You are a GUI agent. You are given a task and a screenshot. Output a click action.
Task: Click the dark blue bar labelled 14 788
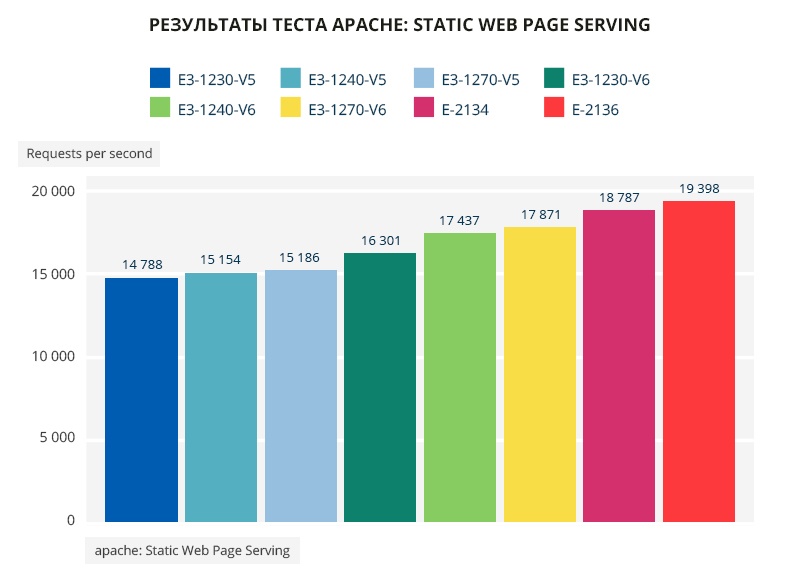click(x=141, y=400)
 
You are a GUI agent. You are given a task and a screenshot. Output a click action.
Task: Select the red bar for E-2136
click(x=699, y=361)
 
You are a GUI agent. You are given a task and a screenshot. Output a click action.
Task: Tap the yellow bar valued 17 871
click(x=540, y=374)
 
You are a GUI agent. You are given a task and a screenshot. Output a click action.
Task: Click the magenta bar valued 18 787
click(x=619, y=366)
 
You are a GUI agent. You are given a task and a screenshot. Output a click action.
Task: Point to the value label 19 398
click(x=699, y=188)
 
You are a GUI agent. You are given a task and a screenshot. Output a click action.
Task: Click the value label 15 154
click(x=221, y=260)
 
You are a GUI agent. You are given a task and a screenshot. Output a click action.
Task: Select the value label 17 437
click(x=460, y=220)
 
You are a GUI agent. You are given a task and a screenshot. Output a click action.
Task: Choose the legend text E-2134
click(x=465, y=110)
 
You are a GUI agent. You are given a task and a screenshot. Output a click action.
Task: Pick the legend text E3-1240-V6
click(x=216, y=110)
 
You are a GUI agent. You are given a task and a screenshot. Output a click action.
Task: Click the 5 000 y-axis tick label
click(x=56, y=438)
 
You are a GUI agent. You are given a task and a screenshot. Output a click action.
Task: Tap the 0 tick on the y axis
click(x=71, y=520)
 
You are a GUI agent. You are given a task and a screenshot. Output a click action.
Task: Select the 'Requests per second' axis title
click(x=89, y=154)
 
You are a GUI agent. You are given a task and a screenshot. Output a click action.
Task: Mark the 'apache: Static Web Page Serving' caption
click(x=192, y=551)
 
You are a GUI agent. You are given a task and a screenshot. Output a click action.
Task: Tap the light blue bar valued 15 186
click(x=301, y=396)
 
